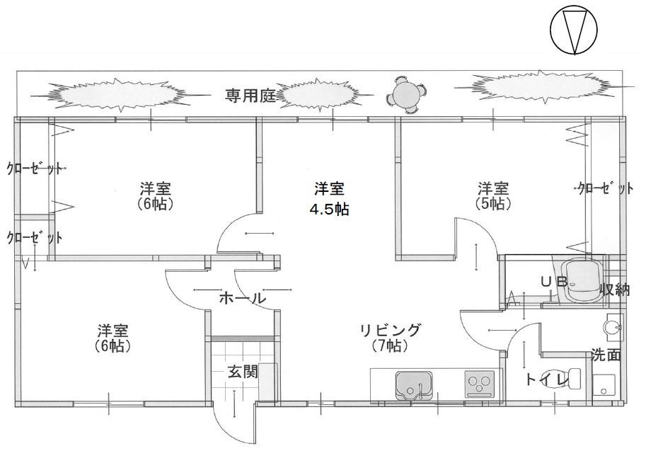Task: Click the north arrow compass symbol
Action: coord(573,32)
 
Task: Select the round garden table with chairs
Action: coord(408,94)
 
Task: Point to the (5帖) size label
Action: coord(493,204)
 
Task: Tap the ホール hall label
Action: coord(241,299)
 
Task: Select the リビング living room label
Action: coord(390,330)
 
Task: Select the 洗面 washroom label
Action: coord(606,355)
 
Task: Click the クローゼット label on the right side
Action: coord(605,188)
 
